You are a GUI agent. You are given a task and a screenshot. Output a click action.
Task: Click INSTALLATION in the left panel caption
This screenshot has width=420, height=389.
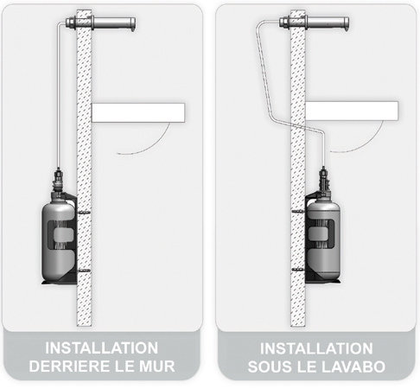[102, 348]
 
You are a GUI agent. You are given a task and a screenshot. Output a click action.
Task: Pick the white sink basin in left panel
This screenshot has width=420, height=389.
[138, 112]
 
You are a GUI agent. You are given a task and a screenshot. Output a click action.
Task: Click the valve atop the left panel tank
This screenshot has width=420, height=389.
[57, 184]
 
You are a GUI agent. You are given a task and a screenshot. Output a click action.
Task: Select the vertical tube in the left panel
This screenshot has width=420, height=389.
[56, 104]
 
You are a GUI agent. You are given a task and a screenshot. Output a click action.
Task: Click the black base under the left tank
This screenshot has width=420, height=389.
[57, 281]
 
